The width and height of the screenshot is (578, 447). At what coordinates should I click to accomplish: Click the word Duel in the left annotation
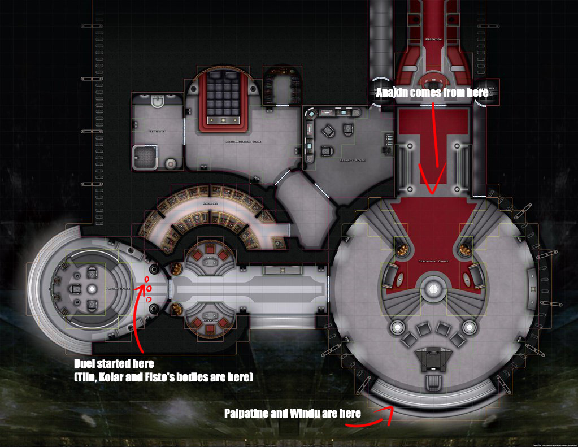[x=85, y=363]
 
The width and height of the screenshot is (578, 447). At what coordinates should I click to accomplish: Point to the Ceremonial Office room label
[x=433, y=262]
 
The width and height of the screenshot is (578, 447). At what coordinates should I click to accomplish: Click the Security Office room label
[x=352, y=160]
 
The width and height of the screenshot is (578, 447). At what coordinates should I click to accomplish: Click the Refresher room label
[x=157, y=131]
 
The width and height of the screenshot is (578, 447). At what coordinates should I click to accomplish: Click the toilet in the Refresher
[x=158, y=101]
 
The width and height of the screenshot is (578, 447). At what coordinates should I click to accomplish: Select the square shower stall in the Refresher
[x=145, y=157]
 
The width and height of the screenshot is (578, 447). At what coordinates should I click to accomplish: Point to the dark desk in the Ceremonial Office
[x=433, y=359]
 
